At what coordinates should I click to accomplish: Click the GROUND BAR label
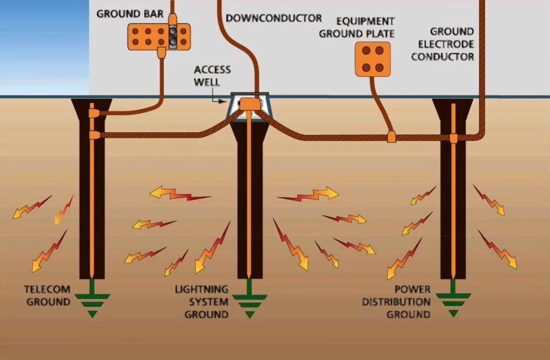[x=129, y=13]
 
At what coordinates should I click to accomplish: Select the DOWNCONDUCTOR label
[x=273, y=18]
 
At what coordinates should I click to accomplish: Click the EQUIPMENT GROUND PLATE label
[x=357, y=27]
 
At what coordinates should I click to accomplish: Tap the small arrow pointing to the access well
[x=220, y=100]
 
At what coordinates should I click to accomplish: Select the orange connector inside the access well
[x=249, y=104]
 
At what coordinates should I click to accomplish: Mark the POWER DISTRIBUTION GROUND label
[x=396, y=302]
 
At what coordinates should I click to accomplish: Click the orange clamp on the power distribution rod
[x=453, y=139]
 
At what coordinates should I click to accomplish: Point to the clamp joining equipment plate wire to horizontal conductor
[x=391, y=137]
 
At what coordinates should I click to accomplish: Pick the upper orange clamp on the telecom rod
[x=93, y=113]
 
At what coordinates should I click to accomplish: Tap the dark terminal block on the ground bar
[x=172, y=36]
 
